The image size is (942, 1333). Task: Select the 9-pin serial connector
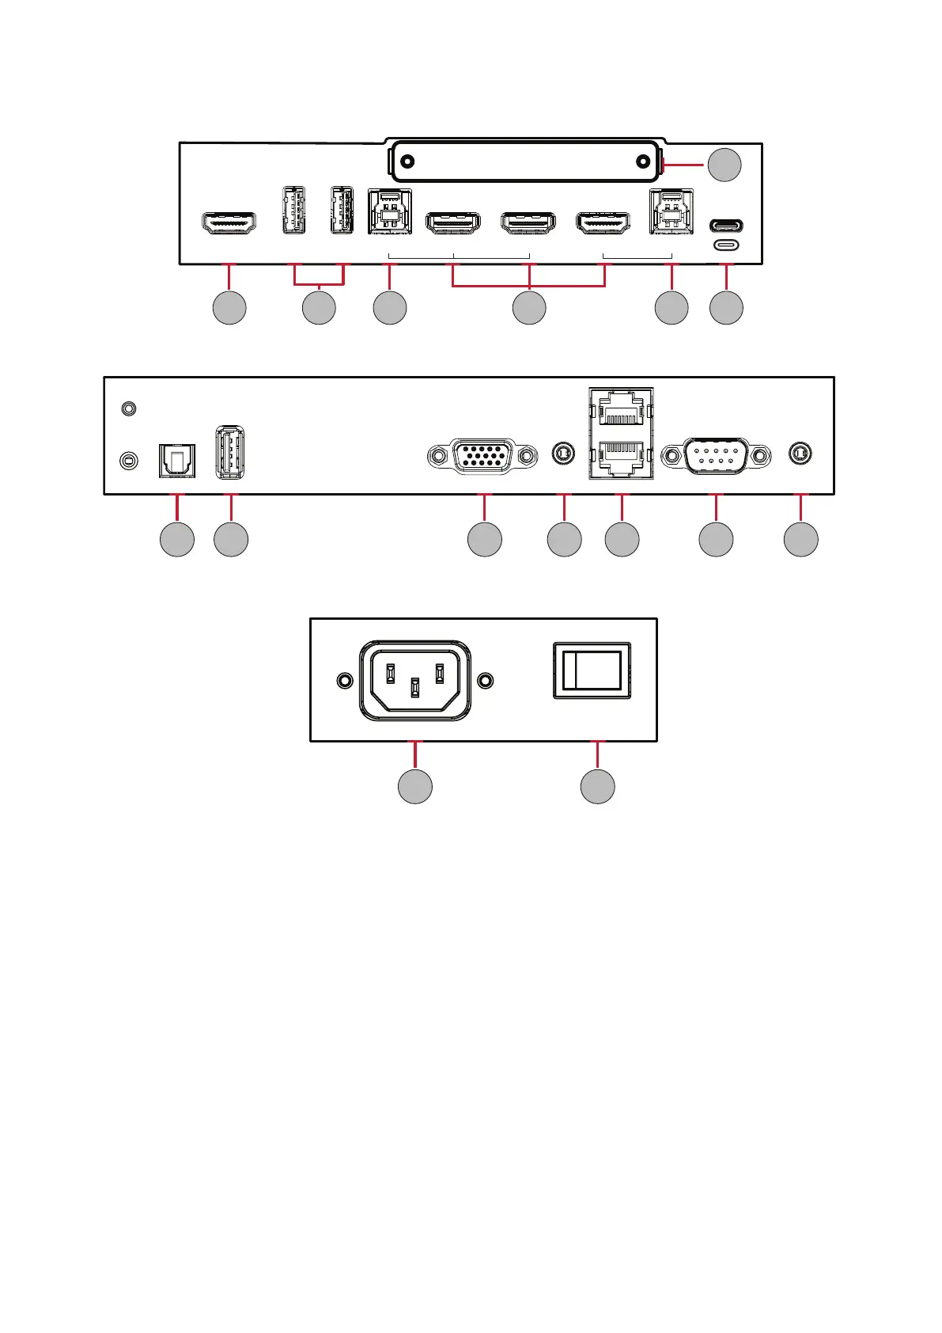click(x=716, y=456)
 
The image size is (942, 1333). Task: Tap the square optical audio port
click(x=177, y=460)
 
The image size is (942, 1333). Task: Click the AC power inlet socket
click(x=415, y=681)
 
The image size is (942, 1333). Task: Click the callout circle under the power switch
click(x=598, y=786)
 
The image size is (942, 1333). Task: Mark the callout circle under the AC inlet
click(x=415, y=786)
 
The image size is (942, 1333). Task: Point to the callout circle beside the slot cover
click(x=724, y=164)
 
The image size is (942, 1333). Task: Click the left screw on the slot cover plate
click(x=407, y=161)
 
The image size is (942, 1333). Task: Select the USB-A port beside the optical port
click(x=230, y=452)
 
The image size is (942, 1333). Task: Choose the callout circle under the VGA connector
click(x=484, y=539)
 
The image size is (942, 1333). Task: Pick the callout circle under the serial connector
click(x=716, y=539)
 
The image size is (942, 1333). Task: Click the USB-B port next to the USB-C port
click(x=671, y=212)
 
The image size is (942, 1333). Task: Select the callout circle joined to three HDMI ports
click(x=529, y=308)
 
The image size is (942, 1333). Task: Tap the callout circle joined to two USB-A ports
click(x=319, y=308)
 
